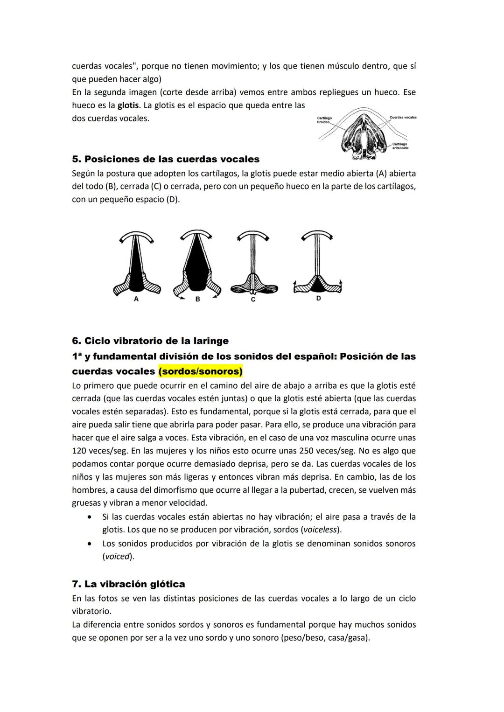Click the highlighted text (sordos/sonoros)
tap(201, 371)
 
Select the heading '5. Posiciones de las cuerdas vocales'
tap(166, 159)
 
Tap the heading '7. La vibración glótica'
tap(128, 584)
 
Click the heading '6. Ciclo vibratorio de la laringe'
tap(150, 341)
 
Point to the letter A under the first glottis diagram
tap(136, 300)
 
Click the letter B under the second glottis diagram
tap(197, 300)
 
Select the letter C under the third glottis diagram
tap(253, 300)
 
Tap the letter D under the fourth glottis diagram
tap(318, 298)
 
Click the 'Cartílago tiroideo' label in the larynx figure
tap(324, 120)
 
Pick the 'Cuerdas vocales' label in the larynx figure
tap(403, 118)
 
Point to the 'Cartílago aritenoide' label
tap(400, 146)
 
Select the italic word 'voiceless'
tap(322, 530)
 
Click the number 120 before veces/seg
tap(79, 451)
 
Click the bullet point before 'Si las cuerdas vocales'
tap(89, 517)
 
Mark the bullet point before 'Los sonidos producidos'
tap(89, 544)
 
